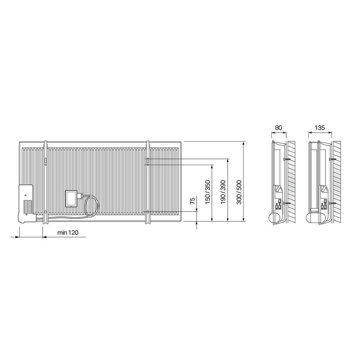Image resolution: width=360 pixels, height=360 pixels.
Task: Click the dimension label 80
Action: coord(279,128)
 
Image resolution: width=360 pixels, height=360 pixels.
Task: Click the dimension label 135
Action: coord(320,128)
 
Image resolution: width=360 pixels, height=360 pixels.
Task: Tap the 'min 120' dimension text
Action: coord(68,233)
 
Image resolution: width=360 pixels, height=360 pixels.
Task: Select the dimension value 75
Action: coord(193,200)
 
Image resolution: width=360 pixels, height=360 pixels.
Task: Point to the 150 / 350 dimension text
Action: coord(207,192)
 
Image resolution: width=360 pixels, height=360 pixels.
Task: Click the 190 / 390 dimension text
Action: coord(223,192)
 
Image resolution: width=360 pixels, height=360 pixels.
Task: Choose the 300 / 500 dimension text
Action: coord(239,192)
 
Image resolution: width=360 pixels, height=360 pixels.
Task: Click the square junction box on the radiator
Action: coord(71,198)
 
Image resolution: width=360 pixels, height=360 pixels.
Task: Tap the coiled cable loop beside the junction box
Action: coord(92,206)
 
